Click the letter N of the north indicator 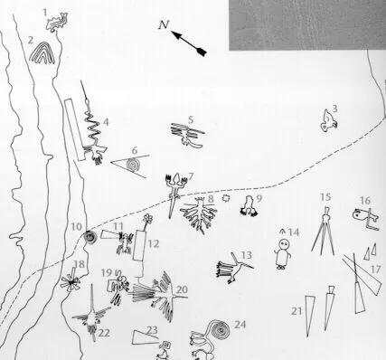(160, 25)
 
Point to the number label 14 (293, 232)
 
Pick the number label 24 (240, 324)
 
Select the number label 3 (334, 109)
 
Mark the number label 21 (296, 310)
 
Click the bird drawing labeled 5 (187, 134)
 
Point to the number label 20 (182, 290)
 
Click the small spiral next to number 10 (90, 237)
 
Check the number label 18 (80, 265)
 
